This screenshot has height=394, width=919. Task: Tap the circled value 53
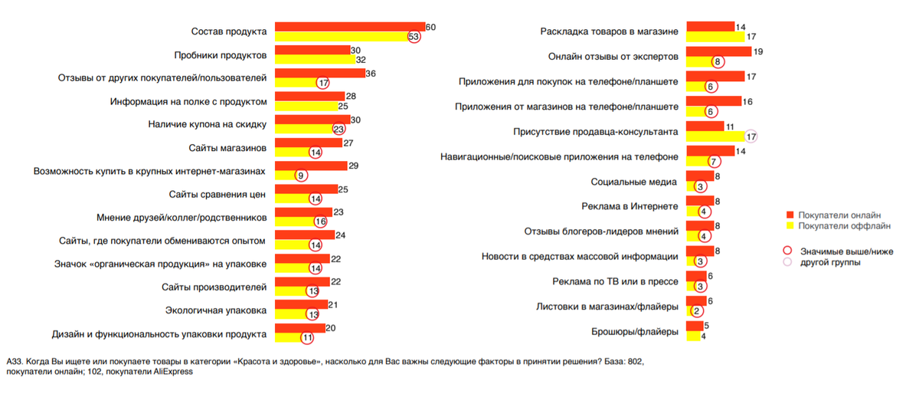(x=414, y=37)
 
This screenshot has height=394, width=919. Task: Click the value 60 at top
(x=430, y=27)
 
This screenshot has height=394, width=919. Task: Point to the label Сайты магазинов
(x=227, y=147)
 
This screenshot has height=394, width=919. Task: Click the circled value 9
(x=302, y=175)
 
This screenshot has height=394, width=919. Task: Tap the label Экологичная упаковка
(x=216, y=310)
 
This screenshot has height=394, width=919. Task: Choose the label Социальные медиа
(x=633, y=182)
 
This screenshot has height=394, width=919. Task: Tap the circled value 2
(x=696, y=311)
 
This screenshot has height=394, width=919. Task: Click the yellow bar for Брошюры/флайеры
(x=694, y=336)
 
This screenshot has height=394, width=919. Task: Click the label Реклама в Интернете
(x=630, y=207)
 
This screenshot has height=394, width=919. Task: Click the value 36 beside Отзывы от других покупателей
(x=371, y=74)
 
